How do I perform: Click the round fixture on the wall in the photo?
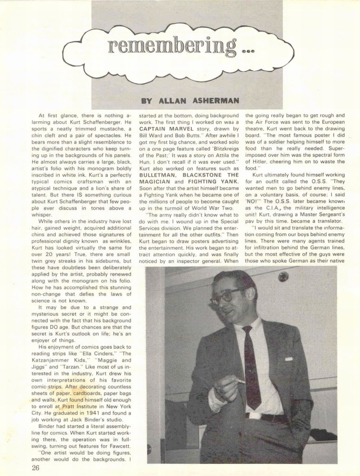coord(283,277)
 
